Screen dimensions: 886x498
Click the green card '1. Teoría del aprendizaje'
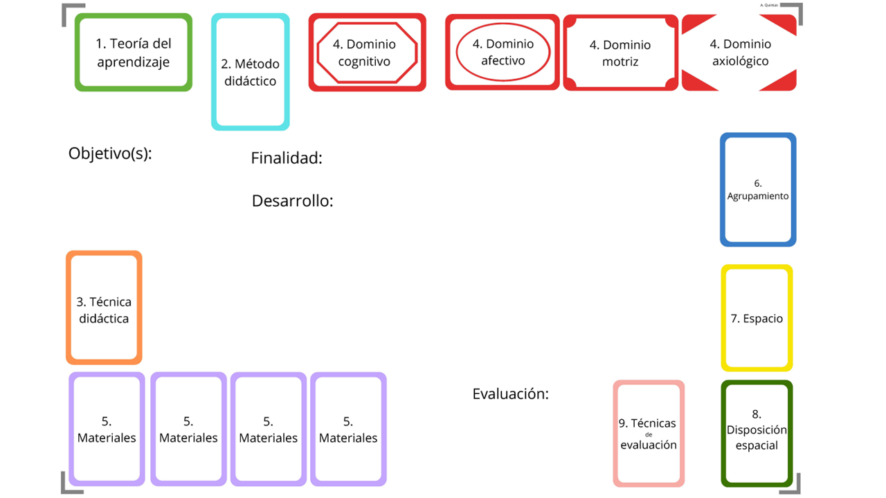(134, 52)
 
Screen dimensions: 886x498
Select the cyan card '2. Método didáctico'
(251, 71)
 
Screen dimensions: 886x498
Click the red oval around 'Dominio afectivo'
(457, 53)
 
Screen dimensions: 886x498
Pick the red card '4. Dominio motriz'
(620, 53)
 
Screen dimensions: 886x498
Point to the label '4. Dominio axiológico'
(740, 52)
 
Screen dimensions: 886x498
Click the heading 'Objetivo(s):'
(110, 154)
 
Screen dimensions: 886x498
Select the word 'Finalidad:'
(287, 158)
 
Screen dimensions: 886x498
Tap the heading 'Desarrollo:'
(293, 201)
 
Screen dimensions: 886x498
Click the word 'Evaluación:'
(511, 394)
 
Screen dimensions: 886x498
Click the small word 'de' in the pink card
(649, 435)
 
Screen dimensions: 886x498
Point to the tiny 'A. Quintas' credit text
(769, 5)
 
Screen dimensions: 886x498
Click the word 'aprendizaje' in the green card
(134, 62)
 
